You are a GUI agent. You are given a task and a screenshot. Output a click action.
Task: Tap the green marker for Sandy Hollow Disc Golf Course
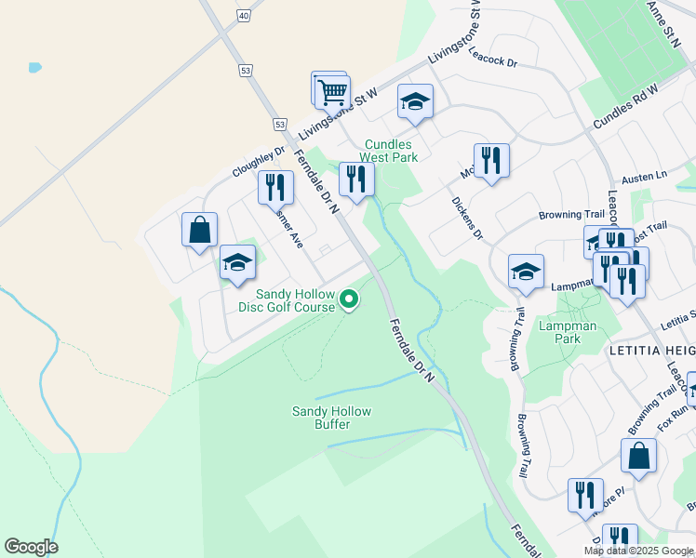pyautogui.click(x=349, y=299)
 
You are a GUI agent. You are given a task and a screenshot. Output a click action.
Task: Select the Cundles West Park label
pyautogui.click(x=391, y=151)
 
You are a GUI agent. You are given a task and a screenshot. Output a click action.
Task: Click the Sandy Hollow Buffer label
pyautogui.click(x=331, y=418)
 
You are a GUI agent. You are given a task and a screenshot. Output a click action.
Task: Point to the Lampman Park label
pyautogui.click(x=559, y=332)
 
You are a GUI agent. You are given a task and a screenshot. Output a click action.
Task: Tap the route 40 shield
pyautogui.click(x=244, y=16)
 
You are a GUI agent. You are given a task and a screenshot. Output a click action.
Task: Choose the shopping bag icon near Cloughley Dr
pyautogui.click(x=200, y=230)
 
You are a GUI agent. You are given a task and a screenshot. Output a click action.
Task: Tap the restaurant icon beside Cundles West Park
pyautogui.click(x=356, y=179)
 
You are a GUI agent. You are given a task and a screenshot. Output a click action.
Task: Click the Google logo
pyautogui.click(x=31, y=547)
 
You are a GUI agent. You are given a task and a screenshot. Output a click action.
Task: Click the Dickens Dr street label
pyautogui.click(x=467, y=219)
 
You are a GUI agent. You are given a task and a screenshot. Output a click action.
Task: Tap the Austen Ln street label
pyautogui.click(x=649, y=176)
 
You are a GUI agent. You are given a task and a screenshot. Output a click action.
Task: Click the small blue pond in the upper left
pyautogui.click(x=35, y=68)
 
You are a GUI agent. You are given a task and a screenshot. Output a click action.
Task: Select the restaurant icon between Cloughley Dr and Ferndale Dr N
pyautogui.click(x=275, y=187)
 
